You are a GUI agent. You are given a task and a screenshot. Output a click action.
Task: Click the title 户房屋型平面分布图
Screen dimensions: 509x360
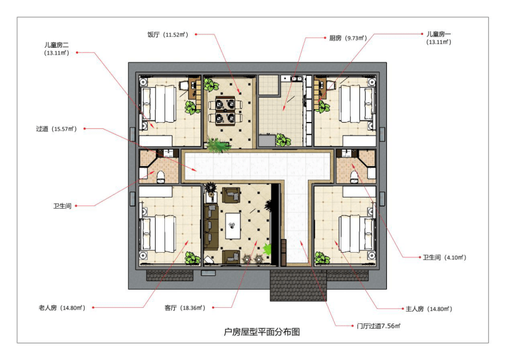tap(262, 332)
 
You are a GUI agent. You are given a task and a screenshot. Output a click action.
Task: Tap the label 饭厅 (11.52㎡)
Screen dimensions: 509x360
tap(168, 34)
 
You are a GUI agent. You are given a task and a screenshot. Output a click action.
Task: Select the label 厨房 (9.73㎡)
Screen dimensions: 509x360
tap(348, 38)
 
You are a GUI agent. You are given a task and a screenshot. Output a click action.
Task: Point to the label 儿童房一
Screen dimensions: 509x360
tap(438, 34)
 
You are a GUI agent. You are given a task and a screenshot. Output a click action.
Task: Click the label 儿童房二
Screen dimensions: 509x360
tap(56, 45)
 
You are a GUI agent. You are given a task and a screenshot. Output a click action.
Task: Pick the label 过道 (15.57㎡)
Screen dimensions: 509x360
tap(56, 129)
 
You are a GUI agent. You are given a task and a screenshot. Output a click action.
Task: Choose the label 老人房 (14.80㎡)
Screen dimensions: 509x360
tap(62, 308)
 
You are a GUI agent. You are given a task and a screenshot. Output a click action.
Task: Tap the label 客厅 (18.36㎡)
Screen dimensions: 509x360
tap(185, 308)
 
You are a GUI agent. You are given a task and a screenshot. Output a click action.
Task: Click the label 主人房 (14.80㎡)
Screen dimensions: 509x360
tap(429, 308)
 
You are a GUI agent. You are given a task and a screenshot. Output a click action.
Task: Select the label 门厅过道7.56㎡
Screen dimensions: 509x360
tap(378, 326)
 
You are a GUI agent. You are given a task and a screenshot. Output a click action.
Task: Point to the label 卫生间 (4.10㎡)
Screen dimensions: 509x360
tap(445, 258)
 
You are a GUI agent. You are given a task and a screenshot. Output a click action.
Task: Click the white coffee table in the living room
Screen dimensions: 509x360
tap(233, 226)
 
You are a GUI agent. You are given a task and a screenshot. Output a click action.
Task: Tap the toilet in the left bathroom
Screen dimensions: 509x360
tap(161, 177)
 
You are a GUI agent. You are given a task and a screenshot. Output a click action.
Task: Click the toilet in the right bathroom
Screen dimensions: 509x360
tap(354, 177)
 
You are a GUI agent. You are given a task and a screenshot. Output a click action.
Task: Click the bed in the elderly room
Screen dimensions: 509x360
tap(158, 234)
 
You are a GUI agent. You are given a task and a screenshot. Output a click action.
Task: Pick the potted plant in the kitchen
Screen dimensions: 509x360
tap(283, 140)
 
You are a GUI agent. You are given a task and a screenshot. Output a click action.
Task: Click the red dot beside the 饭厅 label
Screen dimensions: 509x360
tap(196, 34)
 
